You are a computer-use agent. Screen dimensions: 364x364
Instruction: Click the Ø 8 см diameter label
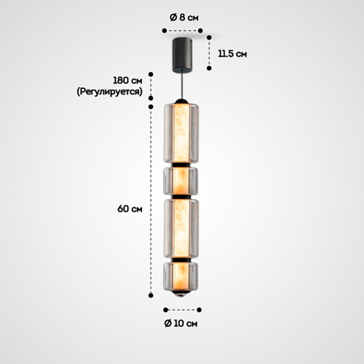coord(184,17)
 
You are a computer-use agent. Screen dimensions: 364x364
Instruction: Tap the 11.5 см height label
coord(232,54)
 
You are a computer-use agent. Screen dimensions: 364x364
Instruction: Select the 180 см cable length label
coord(127,80)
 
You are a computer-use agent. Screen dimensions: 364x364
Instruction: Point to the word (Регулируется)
coord(109,92)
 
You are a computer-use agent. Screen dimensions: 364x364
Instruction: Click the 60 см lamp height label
coord(130,209)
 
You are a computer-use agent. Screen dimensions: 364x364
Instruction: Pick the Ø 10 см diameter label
coord(181,323)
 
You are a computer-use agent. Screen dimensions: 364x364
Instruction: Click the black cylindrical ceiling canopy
coord(182,55)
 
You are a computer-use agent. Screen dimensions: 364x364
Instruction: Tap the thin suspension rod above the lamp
coord(182,85)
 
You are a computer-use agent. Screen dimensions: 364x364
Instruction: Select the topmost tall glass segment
coord(182,132)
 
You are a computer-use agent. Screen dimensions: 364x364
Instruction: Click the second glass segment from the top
coord(181,181)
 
